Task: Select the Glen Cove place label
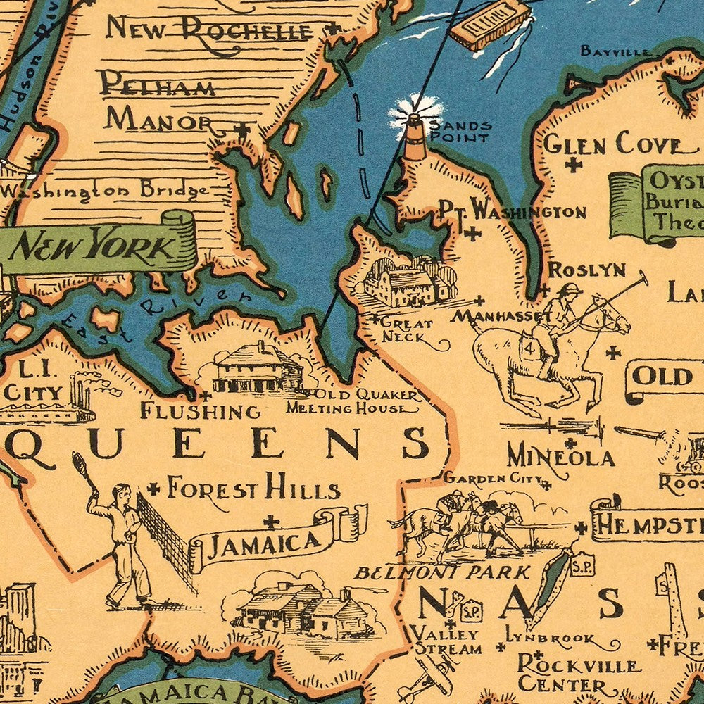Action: pyautogui.click(x=612, y=144)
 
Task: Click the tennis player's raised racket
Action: pyautogui.click(x=78, y=465)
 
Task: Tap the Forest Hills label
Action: pyautogui.click(x=253, y=488)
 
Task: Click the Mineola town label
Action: pyautogui.click(x=560, y=458)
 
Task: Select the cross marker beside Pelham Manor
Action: pyautogui.click(x=242, y=130)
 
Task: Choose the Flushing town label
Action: pyautogui.click(x=201, y=410)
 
